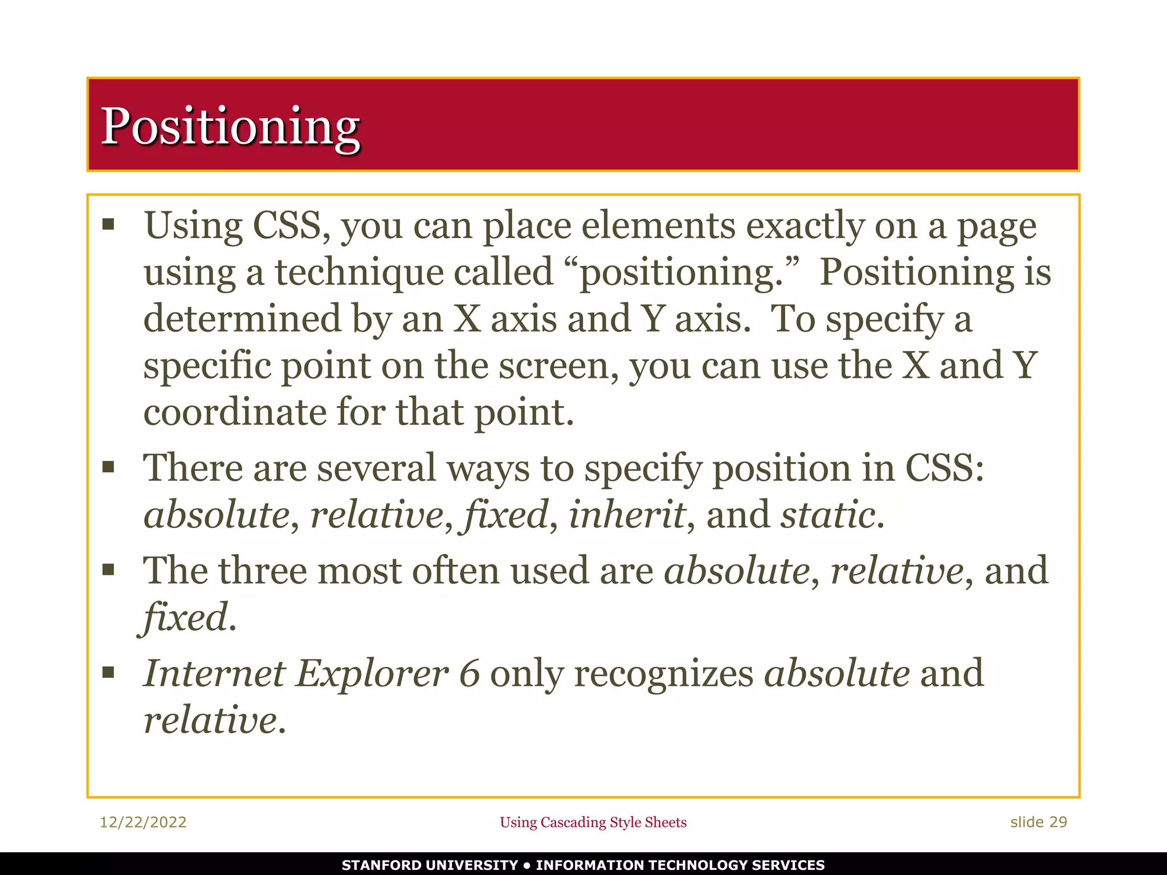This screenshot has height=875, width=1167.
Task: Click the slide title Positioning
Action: click(230, 126)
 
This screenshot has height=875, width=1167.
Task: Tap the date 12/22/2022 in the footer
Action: click(143, 822)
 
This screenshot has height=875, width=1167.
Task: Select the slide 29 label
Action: click(1038, 822)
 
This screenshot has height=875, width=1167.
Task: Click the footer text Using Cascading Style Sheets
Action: click(593, 822)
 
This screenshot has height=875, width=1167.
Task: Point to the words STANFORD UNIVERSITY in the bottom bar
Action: click(430, 865)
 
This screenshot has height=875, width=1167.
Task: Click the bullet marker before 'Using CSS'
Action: click(108, 224)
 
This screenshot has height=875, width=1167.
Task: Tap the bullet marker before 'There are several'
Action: click(108, 468)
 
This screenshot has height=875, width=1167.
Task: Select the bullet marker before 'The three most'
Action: click(108, 570)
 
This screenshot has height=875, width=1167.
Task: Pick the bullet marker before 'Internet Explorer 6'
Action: click(108, 673)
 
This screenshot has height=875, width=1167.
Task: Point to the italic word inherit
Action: click(627, 514)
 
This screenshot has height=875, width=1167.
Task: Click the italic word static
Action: click(827, 514)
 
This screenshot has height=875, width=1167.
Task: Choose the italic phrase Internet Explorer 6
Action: click(311, 673)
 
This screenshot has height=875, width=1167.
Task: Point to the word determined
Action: click(242, 318)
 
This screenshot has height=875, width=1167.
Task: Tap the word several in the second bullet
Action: click(376, 468)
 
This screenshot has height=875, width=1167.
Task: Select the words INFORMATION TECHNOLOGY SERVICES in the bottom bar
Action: click(680, 865)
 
